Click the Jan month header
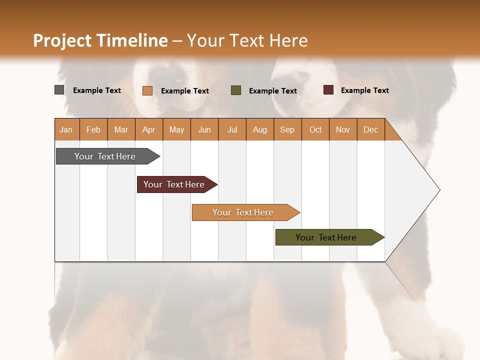(66, 129)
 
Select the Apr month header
(148, 129)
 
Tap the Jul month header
(232, 129)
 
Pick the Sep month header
(287, 129)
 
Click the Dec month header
(370, 129)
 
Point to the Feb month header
(93, 129)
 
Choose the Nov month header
(342, 129)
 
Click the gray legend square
(59, 90)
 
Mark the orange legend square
(147, 90)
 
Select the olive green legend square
(236, 90)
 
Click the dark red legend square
(328, 90)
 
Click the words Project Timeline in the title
(100, 40)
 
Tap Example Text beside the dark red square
(364, 90)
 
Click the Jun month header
(204, 129)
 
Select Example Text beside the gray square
(97, 90)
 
